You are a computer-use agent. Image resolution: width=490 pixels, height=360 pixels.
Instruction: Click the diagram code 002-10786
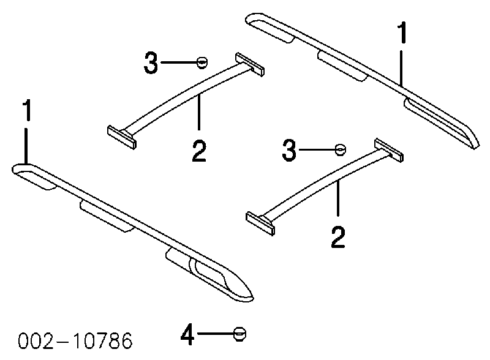click(x=75, y=340)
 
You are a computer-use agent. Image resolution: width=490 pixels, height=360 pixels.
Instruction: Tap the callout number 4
click(x=187, y=334)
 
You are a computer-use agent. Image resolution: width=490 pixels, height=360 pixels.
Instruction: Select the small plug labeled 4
click(x=239, y=334)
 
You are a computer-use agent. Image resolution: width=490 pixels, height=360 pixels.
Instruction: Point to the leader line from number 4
click(x=216, y=334)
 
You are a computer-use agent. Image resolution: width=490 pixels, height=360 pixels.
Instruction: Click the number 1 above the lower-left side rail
click(x=28, y=110)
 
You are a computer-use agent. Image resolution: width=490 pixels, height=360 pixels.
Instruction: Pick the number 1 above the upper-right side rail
click(x=402, y=32)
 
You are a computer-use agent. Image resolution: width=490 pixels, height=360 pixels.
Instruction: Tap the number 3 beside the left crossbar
click(x=151, y=63)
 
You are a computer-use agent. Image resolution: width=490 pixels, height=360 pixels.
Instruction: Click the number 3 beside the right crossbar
click(x=288, y=151)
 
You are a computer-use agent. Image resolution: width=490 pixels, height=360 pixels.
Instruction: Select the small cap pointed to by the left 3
click(x=202, y=62)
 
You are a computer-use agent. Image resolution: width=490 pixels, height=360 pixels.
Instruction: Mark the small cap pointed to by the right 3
click(x=341, y=149)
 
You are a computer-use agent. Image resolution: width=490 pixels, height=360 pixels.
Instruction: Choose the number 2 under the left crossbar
click(x=199, y=151)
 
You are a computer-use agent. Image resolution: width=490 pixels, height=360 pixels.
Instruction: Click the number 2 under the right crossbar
click(x=338, y=238)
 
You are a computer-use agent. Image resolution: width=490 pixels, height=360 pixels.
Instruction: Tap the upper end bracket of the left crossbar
click(x=250, y=64)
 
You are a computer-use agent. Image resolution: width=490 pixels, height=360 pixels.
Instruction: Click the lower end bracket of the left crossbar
click(x=122, y=138)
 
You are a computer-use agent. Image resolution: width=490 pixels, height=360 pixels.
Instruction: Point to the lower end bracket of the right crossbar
click(x=261, y=223)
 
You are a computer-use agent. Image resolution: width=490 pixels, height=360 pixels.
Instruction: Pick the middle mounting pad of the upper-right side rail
click(x=341, y=65)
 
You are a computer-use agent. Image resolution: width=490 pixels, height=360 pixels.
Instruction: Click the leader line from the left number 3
click(x=179, y=62)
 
